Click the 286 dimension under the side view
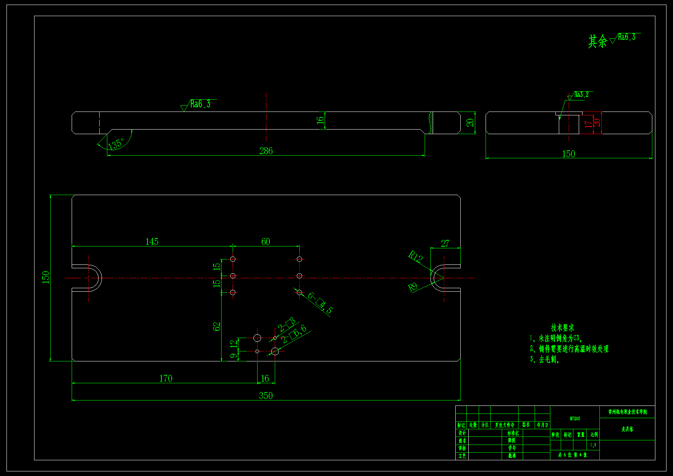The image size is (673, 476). click(266, 151)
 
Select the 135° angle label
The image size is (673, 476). click(115, 144)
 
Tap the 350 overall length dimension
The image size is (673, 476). click(266, 396)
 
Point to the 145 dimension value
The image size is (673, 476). click(152, 241)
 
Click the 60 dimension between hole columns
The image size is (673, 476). click(266, 241)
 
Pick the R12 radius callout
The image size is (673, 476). click(415, 256)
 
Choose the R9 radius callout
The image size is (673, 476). click(412, 287)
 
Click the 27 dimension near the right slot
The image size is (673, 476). click(445, 243)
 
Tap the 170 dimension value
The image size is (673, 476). click(166, 378)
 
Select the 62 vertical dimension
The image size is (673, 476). click(217, 327)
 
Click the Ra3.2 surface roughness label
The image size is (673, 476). click(581, 95)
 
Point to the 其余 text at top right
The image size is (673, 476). click(597, 41)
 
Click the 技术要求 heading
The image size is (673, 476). click(562, 328)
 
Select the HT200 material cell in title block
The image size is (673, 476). click(575, 419)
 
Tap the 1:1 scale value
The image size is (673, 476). click(593, 445)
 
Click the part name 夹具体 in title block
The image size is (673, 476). click(627, 429)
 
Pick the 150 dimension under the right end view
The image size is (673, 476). click(568, 154)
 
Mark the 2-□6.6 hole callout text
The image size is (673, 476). click(294, 334)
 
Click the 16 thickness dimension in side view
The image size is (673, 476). click(320, 120)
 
